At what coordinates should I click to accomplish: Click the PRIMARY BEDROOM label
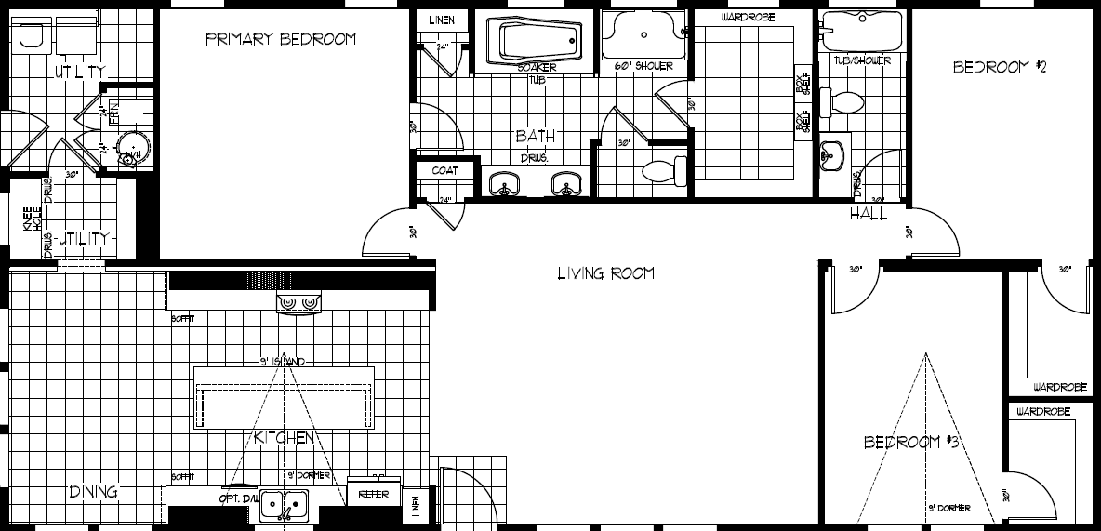[x=280, y=39]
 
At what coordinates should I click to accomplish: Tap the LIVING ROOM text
[x=605, y=273]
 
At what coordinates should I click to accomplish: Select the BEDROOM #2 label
[x=1000, y=67]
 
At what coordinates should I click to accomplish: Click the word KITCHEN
[x=283, y=437]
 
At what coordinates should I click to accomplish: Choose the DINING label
[x=93, y=492]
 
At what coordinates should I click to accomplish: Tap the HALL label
[x=868, y=215]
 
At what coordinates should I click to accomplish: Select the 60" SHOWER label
[x=643, y=67]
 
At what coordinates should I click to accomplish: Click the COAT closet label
[x=444, y=171]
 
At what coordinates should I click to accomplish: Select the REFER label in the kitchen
[x=374, y=496]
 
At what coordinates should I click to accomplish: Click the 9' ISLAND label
[x=283, y=361]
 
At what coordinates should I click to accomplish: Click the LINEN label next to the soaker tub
[x=443, y=21]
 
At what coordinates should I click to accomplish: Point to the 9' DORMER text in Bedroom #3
[x=948, y=509]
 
